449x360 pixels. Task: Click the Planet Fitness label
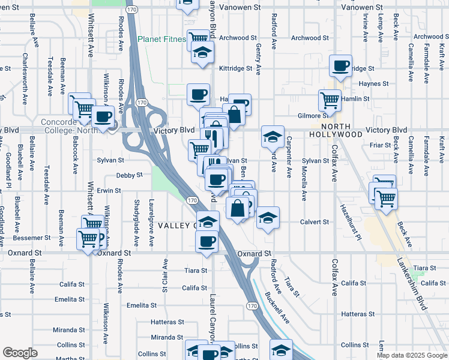[x=160, y=40]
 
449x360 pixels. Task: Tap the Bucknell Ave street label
[x=277, y=308]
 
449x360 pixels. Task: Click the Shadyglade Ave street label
[x=136, y=223]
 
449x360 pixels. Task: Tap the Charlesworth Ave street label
[x=25, y=71]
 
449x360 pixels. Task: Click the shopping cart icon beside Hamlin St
[x=329, y=100]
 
